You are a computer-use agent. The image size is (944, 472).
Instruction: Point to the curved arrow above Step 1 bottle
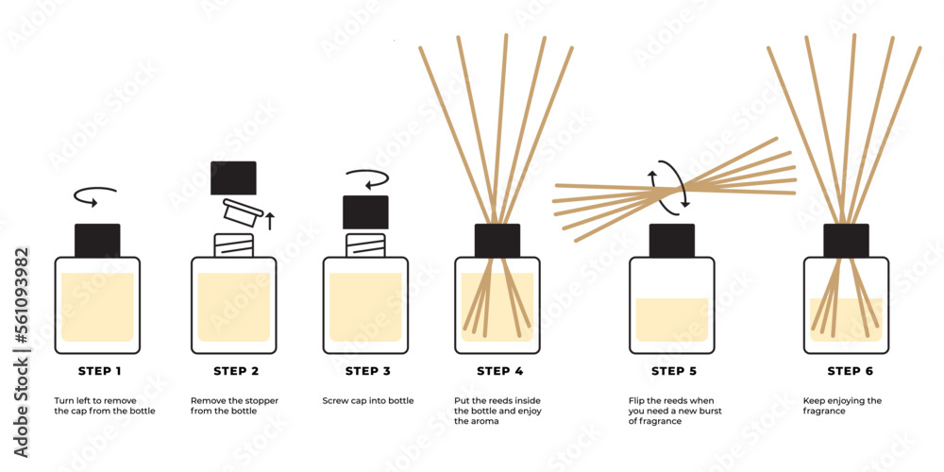pos(95,195)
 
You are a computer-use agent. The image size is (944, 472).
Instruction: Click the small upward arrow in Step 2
pos(270,221)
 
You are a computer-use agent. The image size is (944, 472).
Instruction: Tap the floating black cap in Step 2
pos(233,177)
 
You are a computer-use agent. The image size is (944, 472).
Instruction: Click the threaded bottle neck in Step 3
pos(364,244)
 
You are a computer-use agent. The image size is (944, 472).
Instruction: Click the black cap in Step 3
pos(364,212)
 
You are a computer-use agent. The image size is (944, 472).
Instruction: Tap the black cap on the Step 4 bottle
pos(497,240)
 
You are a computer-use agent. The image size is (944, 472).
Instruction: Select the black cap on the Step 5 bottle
pos(671,240)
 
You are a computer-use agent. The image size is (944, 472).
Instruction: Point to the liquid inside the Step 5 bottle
pos(671,319)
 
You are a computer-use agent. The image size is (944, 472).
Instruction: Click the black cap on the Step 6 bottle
pos(845,240)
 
